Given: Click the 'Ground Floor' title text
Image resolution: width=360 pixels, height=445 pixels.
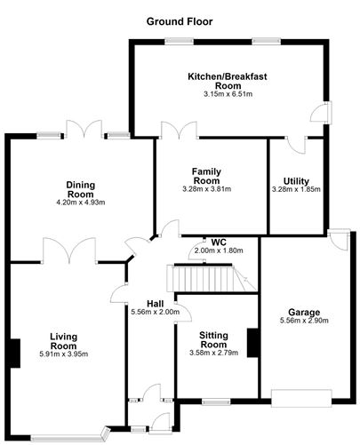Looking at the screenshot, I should point(180,19).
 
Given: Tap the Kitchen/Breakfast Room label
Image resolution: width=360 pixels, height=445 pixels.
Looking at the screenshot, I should point(228,82).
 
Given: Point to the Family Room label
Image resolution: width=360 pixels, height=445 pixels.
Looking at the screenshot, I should point(212,174).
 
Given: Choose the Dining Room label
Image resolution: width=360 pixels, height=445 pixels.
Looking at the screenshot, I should point(80,189).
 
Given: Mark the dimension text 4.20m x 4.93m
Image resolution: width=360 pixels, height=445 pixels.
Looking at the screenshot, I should point(80,203).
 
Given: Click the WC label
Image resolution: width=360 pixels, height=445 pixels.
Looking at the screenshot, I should point(218,241).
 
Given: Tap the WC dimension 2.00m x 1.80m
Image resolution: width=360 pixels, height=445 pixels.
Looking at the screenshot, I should point(218,250).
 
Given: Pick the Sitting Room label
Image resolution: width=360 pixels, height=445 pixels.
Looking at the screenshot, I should point(213,340).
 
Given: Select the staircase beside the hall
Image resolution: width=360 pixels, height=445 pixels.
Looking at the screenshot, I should point(210,280).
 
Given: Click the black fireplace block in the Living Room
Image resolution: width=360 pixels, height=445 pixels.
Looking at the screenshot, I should point(14,353).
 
